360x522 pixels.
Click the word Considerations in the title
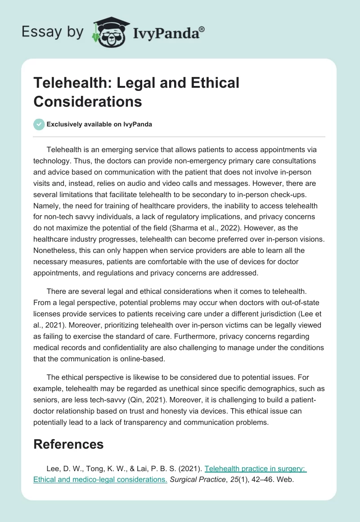pyautogui.click(x=88, y=101)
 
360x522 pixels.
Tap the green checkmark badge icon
pyautogui.click(x=39, y=124)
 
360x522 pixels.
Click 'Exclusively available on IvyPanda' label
pyautogui.click(x=99, y=124)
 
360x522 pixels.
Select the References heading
pyautogui.click(x=68, y=444)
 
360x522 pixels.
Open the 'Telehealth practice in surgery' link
pyautogui.click(x=255, y=468)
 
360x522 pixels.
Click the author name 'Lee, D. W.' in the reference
pyautogui.click(x=63, y=468)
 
